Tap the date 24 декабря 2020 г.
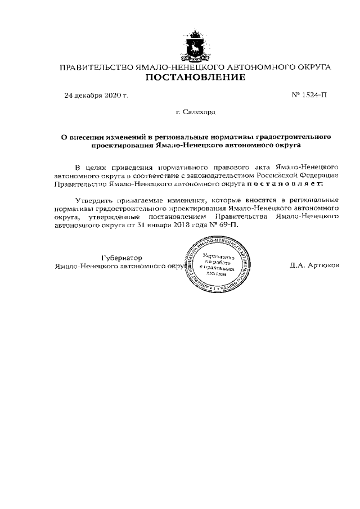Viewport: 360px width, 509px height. point(96,95)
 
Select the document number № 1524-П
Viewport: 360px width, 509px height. point(309,95)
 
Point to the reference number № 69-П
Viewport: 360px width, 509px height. point(224,224)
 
